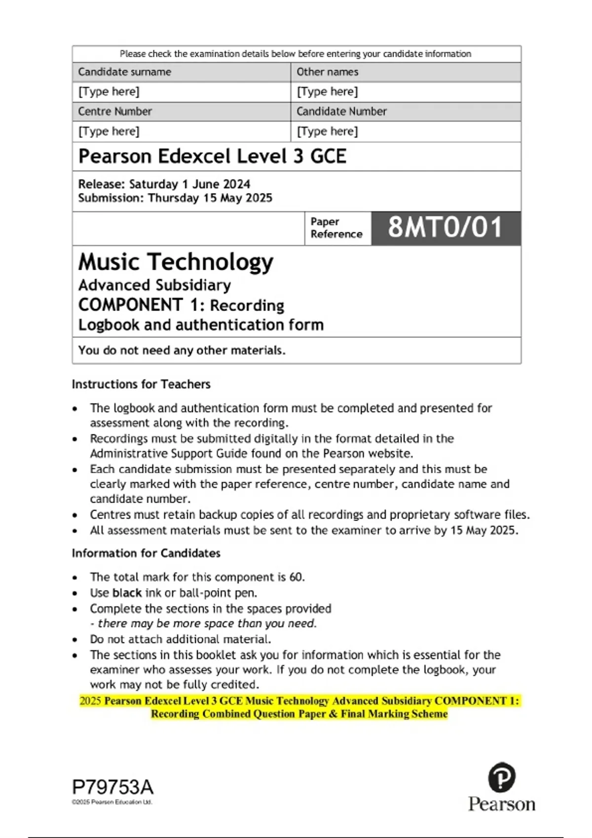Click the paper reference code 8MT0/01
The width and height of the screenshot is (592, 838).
[445, 228]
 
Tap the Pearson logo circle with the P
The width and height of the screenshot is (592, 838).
[501, 777]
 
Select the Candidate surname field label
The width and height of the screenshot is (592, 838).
[124, 72]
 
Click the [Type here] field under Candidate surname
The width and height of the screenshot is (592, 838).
[109, 92]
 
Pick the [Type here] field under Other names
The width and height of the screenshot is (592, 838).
[328, 92]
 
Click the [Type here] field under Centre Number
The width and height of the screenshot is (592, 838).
[109, 132]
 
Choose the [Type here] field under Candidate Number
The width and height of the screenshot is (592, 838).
[328, 132]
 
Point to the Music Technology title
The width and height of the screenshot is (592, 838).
[176, 262]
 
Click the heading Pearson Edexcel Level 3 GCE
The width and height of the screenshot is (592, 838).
[212, 156]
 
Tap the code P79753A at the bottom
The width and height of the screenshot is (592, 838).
[113, 787]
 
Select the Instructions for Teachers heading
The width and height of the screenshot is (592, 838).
[141, 384]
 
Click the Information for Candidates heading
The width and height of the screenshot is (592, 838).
[146, 553]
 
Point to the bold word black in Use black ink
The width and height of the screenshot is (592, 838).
[127, 593]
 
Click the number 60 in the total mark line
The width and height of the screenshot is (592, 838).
[296, 577]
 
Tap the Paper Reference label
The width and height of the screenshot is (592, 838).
[336, 228]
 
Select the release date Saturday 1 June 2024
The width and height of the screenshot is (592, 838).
[189, 184]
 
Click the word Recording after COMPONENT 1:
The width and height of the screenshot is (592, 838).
[247, 306]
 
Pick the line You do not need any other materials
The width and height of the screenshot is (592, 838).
[182, 350]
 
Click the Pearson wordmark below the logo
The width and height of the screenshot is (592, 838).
[501, 804]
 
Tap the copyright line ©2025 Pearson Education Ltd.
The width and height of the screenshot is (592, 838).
[112, 802]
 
